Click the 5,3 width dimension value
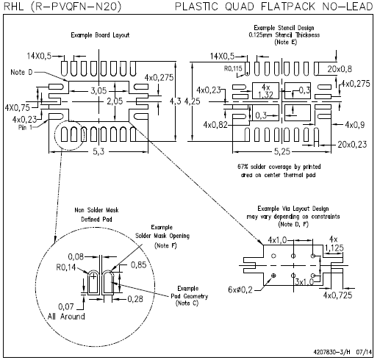[98, 151]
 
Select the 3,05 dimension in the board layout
[98, 91]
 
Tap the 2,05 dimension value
[115, 101]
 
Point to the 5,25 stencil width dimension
[282, 151]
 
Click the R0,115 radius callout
[233, 68]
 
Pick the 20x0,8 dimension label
[340, 69]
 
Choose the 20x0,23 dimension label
[352, 145]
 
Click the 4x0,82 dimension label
[215, 125]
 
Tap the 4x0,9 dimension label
[355, 125]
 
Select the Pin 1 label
[25, 127]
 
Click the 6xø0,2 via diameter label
[240, 289]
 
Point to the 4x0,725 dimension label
[337, 295]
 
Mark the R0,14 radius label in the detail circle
[66, 267]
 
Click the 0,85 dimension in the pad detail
[138, 264]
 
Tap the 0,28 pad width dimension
[135, 299]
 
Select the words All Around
[66, 316]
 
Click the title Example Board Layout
[100, 35]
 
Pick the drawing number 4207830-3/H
[331, 352]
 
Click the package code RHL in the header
[14, 7]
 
